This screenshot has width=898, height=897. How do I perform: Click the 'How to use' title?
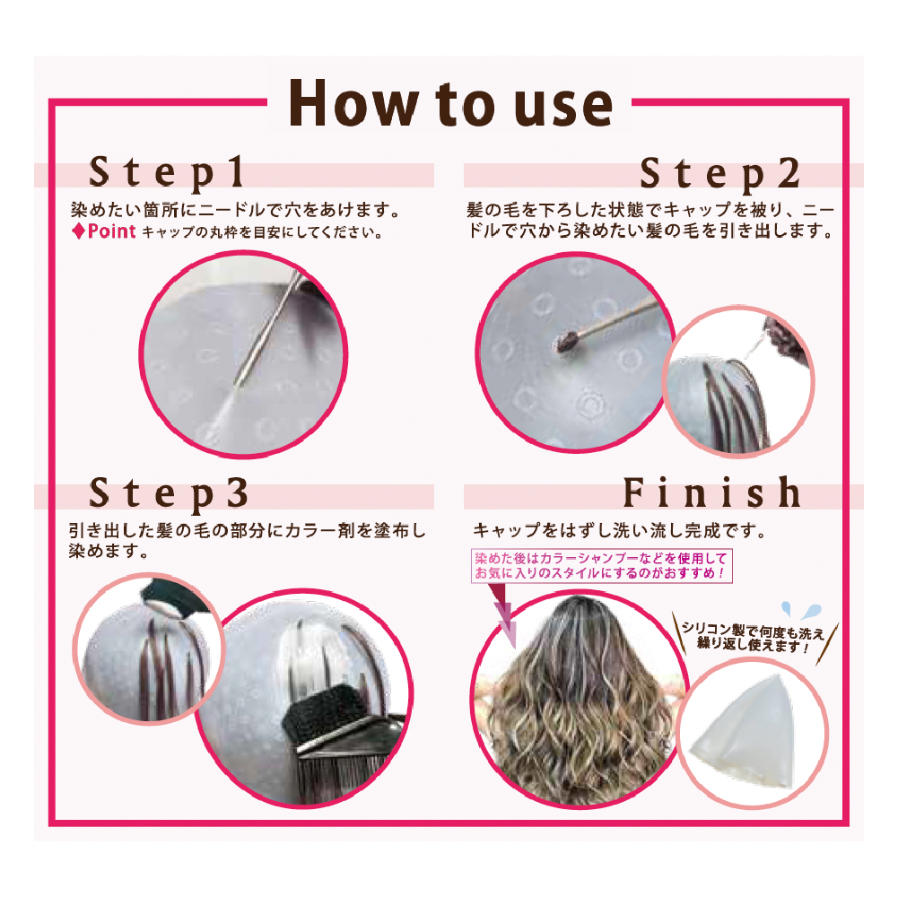(450, 103)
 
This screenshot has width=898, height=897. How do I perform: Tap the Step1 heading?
(167, 173)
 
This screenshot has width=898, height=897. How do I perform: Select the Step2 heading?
(719, 173)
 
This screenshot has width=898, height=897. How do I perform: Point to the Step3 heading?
(169, 493)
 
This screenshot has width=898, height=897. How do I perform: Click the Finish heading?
(712, 492)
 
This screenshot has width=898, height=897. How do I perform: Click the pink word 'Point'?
(111, 231)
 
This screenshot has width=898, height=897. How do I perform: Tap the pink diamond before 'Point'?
(78, 231)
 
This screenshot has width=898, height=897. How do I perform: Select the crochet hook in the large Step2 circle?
(607, 327)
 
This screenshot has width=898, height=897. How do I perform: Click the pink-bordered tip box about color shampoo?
(601, 566)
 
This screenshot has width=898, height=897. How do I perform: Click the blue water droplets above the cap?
(801, 611)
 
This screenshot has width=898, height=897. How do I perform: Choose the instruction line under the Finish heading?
(619, 531)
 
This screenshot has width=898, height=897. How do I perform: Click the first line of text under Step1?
(235, 210)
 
